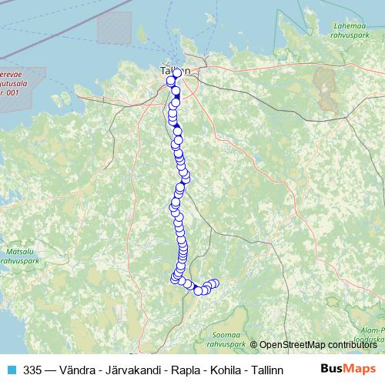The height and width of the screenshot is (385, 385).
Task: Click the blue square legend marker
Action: coord(10,370)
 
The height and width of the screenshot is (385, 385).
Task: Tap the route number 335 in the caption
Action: coord(32,370)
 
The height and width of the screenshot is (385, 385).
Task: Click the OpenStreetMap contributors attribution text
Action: coord(317,345)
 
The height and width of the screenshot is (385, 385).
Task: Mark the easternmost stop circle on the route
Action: coord(215,283)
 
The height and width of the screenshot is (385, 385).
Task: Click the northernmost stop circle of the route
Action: coord(177,73)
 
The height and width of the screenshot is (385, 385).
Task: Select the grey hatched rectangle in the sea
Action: coord(115,28)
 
